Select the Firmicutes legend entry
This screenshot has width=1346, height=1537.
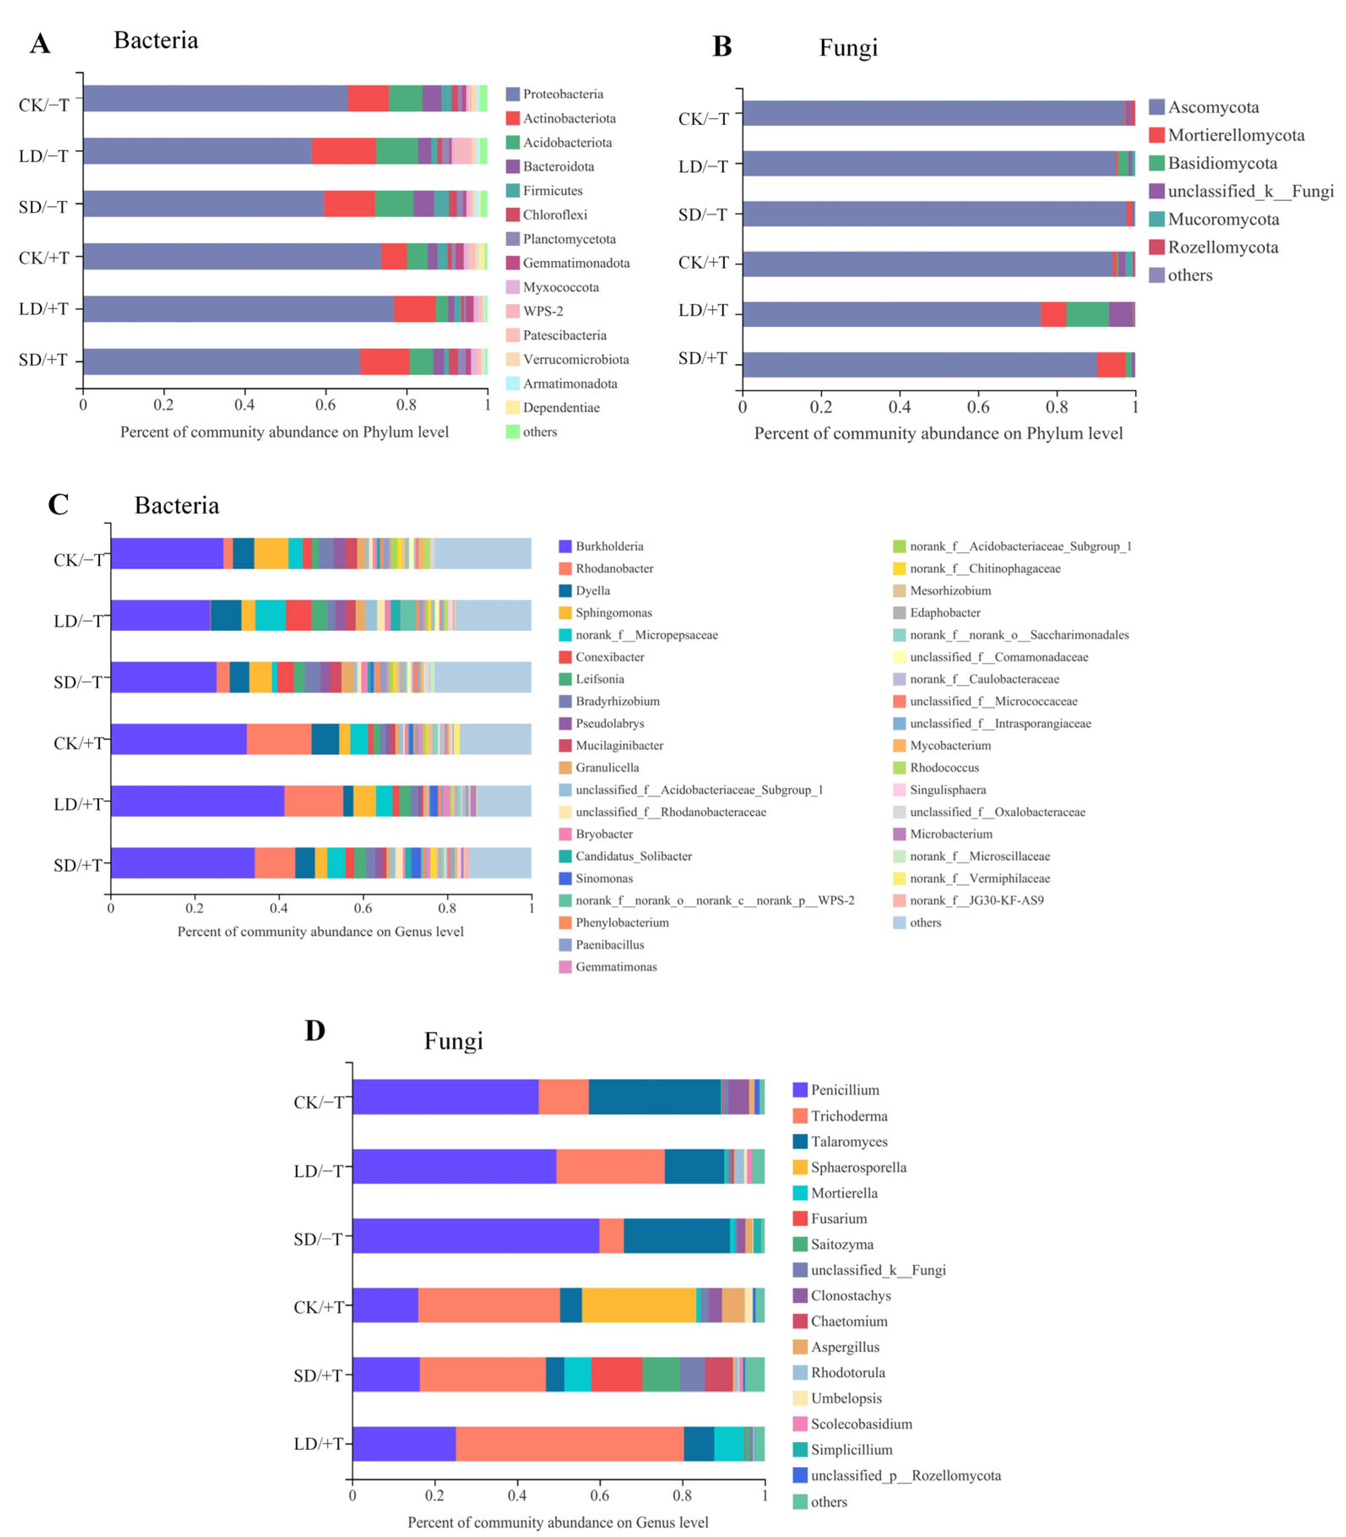click(x=552, y=191)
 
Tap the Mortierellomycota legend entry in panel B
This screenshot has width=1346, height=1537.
click(x=1235, y=135)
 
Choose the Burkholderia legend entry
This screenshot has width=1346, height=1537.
click(x=609, y=546)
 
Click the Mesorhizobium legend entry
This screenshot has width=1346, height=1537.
click(x=950, y=591)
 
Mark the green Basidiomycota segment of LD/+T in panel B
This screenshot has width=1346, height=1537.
click(x=1087, y=314)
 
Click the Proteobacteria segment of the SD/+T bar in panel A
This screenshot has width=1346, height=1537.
click(x=222, y=361)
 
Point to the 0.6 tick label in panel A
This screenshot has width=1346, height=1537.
click(x=325, y=405)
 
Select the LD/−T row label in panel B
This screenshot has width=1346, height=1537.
click(x=703, y=166)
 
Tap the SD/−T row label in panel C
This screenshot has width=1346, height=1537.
click(x=77, y=682)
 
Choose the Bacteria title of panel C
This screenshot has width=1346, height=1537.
click(x=176, y=505)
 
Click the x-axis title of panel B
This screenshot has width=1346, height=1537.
click(x=938, y=434)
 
